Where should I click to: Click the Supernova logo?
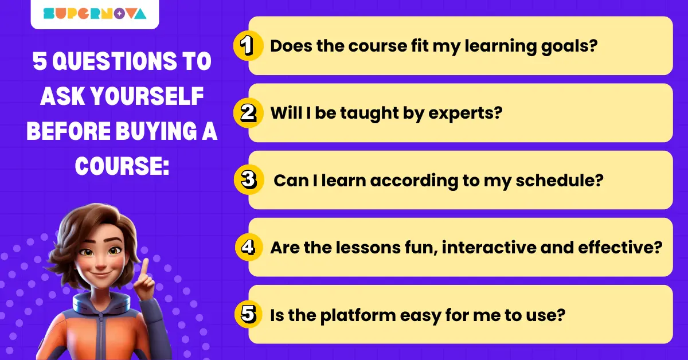[x=95, y=13]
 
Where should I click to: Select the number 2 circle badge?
[x=248, y=113]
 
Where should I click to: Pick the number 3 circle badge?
[x=248, y=180]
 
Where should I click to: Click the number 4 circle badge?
[x=248, y=247]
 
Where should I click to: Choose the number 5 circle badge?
[x=248, y=314]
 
